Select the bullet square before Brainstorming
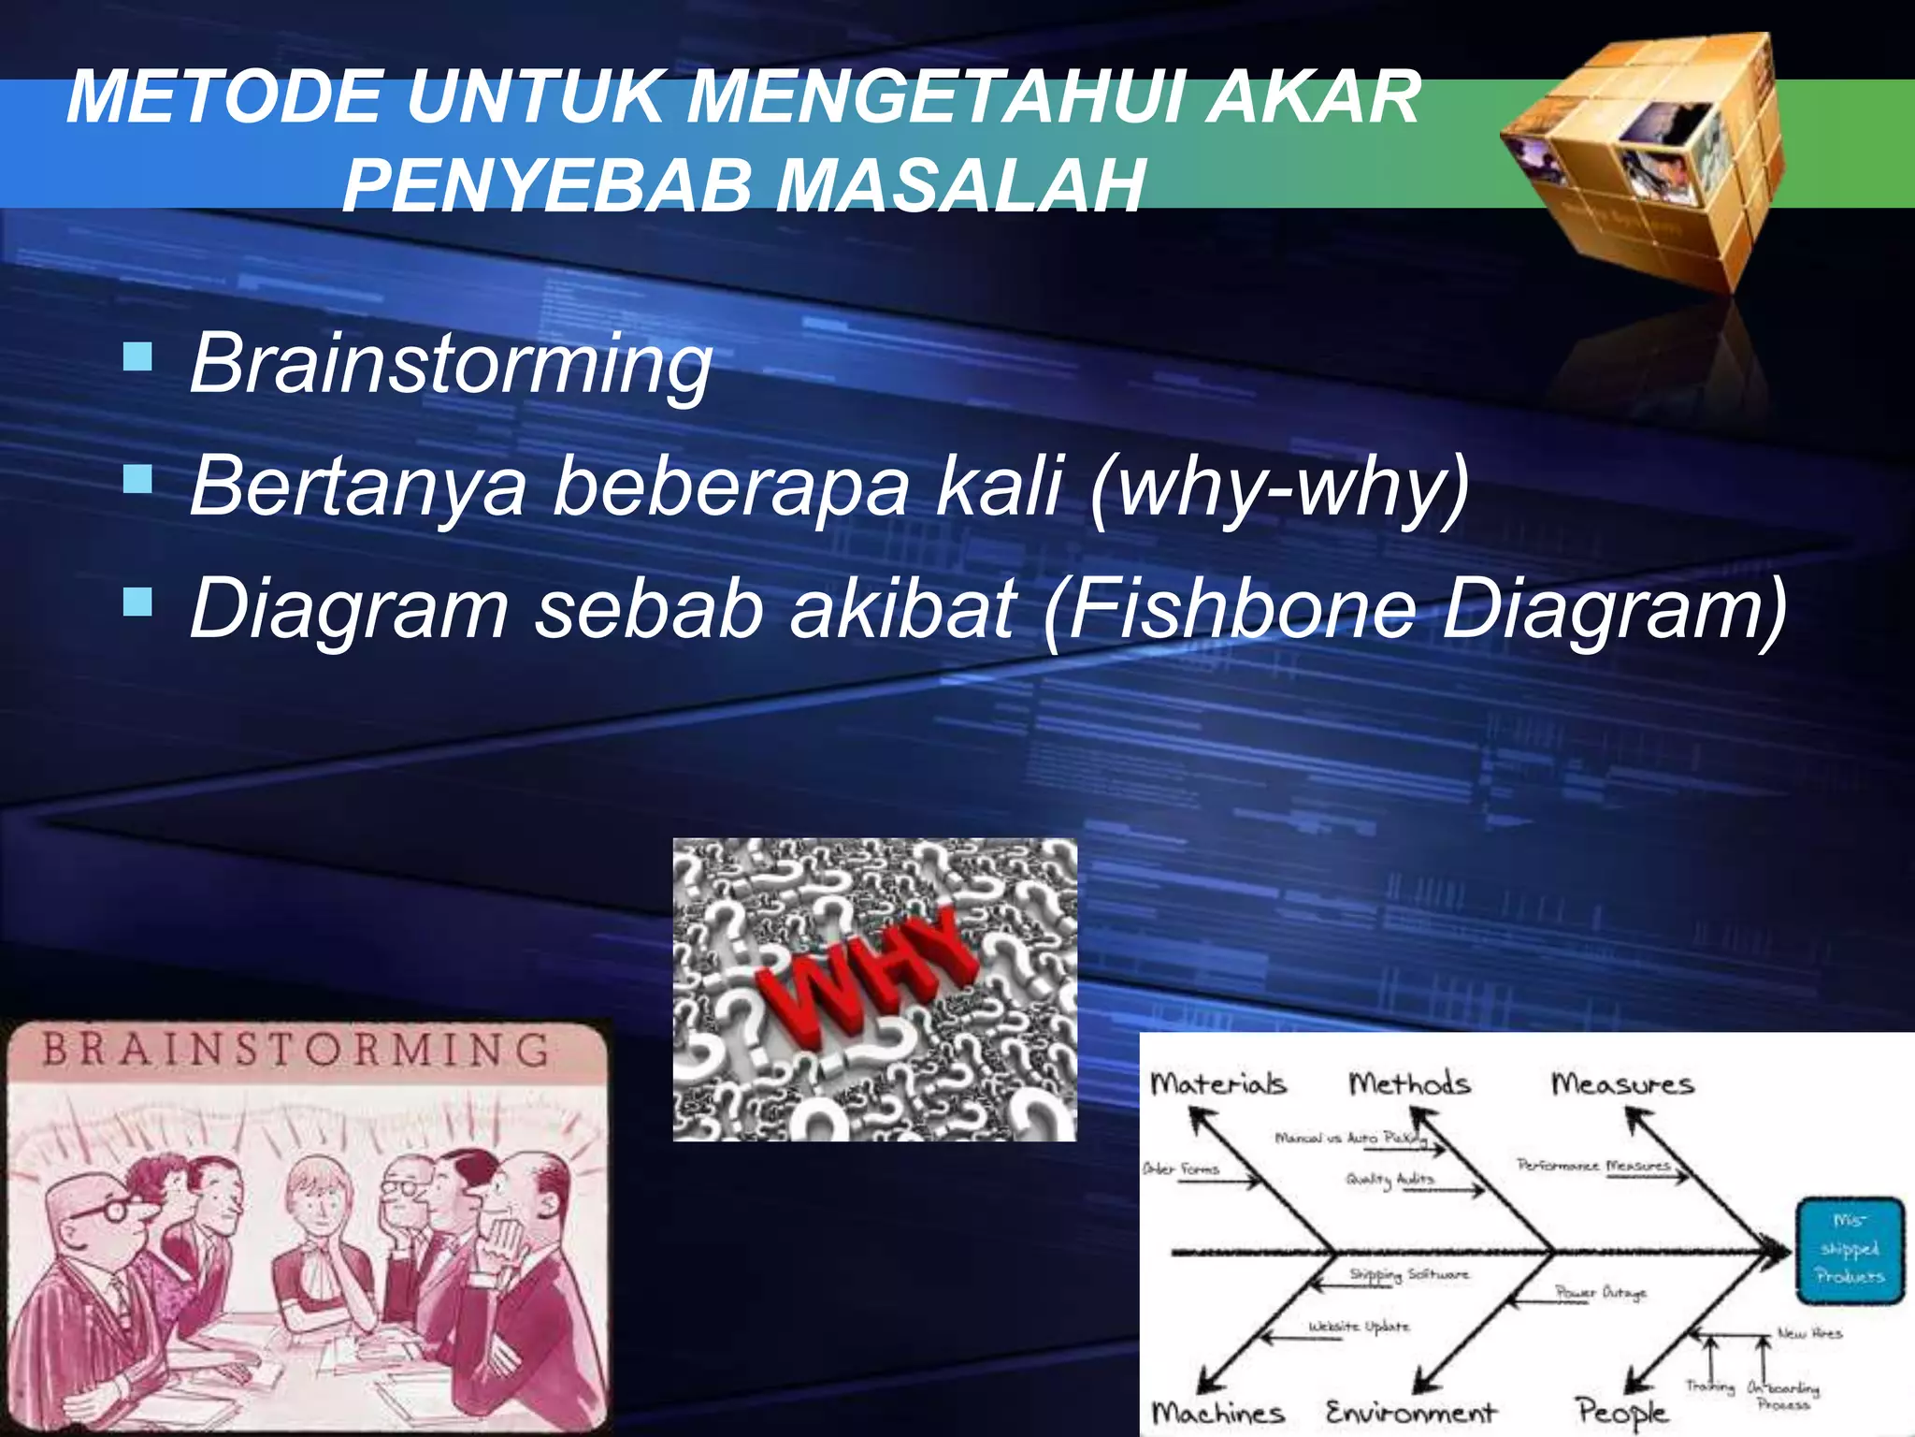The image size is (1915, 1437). pyautogui.click(x=137, y=356)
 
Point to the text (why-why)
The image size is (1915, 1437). pyautogui.click(x=1280, y=486)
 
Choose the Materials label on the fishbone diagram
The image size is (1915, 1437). pyautogui.click(x=1217, y=1084)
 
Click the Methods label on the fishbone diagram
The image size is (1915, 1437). pyautogui.click(x=1409, y=1084)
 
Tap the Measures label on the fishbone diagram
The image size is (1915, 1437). pyautogui.click(x=1622, y=1084)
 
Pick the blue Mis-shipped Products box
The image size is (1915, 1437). pyautogui.click(x=1850, y=1249)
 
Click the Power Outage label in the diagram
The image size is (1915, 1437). pyautogui.click(x=1600, y=1293)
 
